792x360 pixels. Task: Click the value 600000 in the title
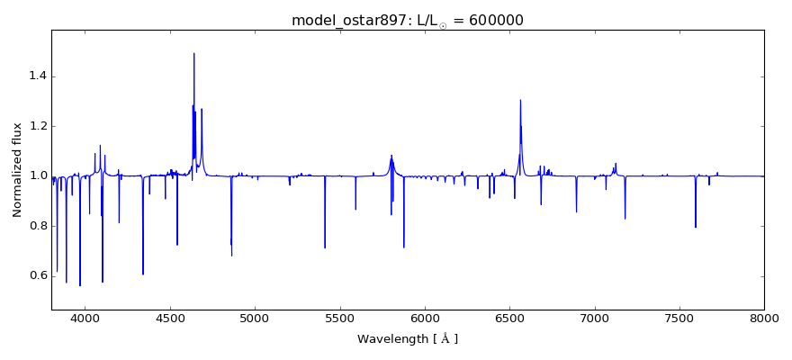coord(492,21)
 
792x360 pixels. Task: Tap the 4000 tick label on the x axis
coord(85,319)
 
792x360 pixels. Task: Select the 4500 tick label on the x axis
coord(170,319)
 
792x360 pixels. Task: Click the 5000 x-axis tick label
coord(255,319)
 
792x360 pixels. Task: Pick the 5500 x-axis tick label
coord(340,319)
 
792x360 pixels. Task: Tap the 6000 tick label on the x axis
coord(425,319)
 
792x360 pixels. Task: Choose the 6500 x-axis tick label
coord(509,319)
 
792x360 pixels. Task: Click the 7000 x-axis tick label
coord(595,319)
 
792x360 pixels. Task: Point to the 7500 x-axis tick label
coord(679,319)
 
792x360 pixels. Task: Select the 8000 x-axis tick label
coord(764,319)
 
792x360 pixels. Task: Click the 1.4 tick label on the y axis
coord(36,76)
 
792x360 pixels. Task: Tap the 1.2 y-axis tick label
coord(36,126)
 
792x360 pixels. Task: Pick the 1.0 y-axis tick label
coord(36,175)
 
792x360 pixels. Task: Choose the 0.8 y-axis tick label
coord(36,226)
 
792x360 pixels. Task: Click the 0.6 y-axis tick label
coord(36,275)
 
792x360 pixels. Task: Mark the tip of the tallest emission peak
coord(193,53)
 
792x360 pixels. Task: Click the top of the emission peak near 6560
coord(520,100)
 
